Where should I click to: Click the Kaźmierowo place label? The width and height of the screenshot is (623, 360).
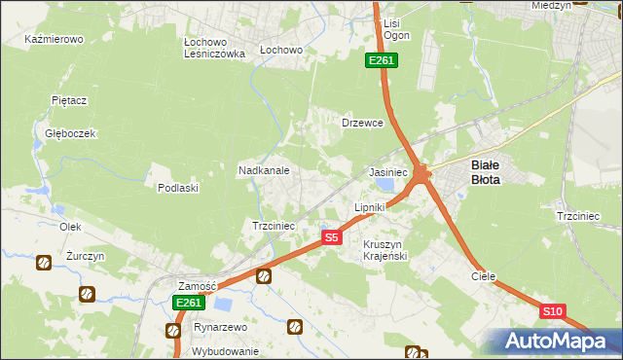click(55, 40)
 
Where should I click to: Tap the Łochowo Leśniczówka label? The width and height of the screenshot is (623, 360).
click(214, 49)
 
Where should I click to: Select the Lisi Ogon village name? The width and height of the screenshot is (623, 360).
click(396, 28)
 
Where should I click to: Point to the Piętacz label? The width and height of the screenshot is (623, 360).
click(70, 100)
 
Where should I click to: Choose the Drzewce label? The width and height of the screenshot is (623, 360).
click(362, 124)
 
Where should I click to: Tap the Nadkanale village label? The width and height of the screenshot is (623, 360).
click(264, 170)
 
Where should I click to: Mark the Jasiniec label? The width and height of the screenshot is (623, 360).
click(387, 171)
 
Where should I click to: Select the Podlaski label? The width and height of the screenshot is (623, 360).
click(178, 188)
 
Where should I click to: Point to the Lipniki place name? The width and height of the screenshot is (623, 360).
click(370, 207)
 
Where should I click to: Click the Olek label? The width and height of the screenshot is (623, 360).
click(69, 226)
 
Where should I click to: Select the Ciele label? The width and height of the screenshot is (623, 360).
click(484, 276)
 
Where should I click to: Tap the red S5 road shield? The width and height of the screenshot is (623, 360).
click(331, 237)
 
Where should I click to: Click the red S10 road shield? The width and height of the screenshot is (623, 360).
click(552, 310)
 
